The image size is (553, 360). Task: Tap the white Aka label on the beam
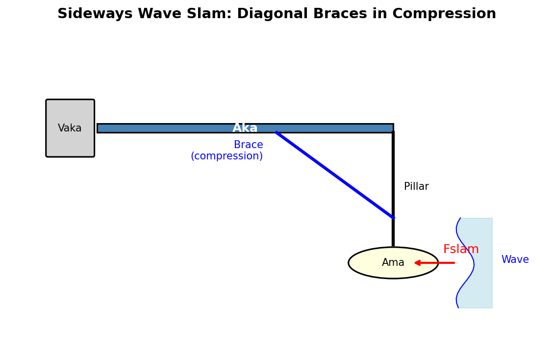pyautogui.click(x=245, y=128)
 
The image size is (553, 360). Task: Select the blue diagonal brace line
pyautogui.click(x=334, y=175)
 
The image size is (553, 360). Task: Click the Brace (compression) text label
pyautogui.click(x=227, y=151)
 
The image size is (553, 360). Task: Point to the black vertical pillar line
pyautogui.click(x=393, y=186)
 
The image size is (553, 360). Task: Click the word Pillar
pyautogui.click(x=416, y=187)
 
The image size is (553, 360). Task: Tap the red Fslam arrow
pyautogui.click(x=436, y=263)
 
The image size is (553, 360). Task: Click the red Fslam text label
pyautogui.click(x=461, y=249)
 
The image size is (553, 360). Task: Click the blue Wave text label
pyautogui.click(x=515, y=260)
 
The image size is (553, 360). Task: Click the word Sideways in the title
pyautogui.click(x=95, y=14)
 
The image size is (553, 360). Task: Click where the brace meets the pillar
pyautogui.click(x=393, y=217)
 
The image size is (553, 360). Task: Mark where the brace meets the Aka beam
pyautogui.click(x=276, y=132)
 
